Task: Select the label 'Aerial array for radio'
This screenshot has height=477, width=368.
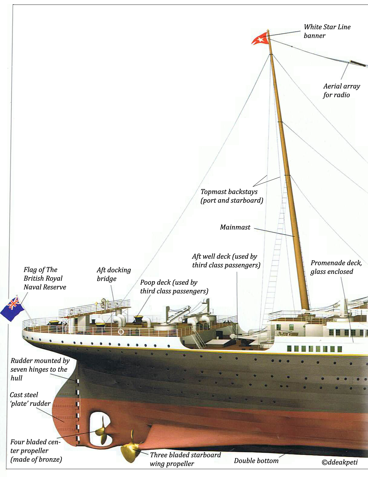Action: [x=341, y=90]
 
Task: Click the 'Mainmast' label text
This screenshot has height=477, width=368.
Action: [x=235, y=227]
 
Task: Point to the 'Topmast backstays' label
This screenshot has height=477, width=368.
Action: [x=232, y=196]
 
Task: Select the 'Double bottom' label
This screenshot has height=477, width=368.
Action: [x=256, y=461]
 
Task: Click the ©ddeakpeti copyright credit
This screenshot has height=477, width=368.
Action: [x=339, y=462]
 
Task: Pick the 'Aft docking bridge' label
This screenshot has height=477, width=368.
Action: [x=113, y=274]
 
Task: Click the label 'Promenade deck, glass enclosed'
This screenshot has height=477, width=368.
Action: [x=336, y=267]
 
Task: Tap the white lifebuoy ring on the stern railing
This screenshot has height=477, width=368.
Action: [x=121, y=332]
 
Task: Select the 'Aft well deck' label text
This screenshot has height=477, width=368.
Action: [x=226, y=261]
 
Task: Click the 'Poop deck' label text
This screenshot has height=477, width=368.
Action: [x=174, y=287]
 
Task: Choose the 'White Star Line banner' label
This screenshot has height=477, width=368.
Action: [x=327, y=31]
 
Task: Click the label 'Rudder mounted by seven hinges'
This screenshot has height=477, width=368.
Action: [x=39, y=369]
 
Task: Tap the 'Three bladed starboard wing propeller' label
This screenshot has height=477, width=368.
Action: [x=185, y=459]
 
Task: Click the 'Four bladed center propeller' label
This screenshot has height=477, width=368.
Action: [x=36, y=450]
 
